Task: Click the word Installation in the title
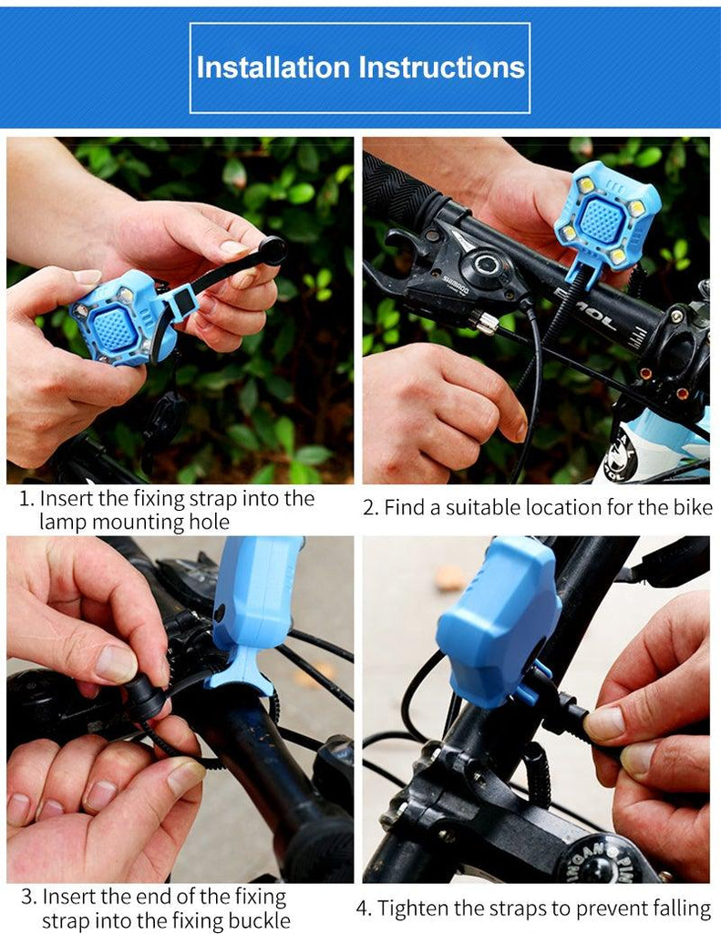click(x=273, y=67)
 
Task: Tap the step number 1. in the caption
click(x=27, y=499)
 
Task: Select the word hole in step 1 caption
click(x=209, y=522)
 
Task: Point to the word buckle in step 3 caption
click(x=257, y=920)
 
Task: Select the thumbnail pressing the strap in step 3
click(x=117, y=663)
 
